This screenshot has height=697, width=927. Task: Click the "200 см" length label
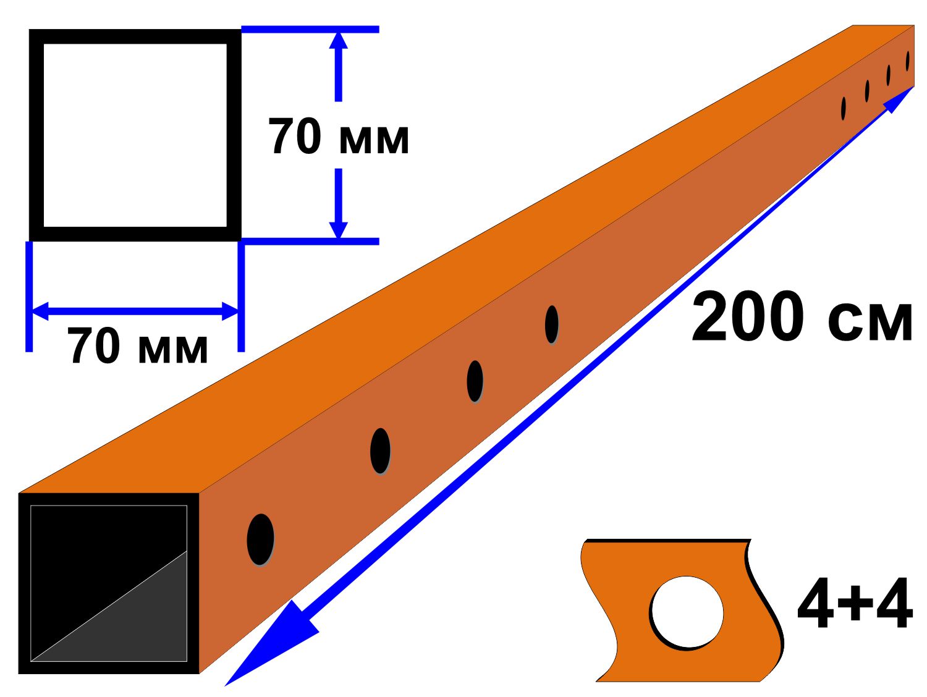click(802, 316)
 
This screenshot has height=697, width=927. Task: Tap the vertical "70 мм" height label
click(339, 136)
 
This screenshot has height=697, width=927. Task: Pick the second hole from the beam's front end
click(380, 451)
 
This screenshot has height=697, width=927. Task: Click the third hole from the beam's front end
click(475, 381)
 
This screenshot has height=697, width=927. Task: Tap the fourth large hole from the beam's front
click(551, 324)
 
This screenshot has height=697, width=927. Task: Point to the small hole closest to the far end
click(908, 61)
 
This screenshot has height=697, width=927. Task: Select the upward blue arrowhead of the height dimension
click(338, 41)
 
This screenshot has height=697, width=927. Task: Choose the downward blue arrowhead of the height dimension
click(338, 230)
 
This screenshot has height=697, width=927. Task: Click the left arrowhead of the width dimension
click(41, 311)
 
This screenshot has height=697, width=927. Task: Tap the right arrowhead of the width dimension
click(230, 311)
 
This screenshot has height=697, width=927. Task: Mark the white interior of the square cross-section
click(135, 135)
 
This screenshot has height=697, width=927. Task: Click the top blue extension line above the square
click(310, 29)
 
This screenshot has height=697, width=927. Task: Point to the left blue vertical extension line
click(29, 297)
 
